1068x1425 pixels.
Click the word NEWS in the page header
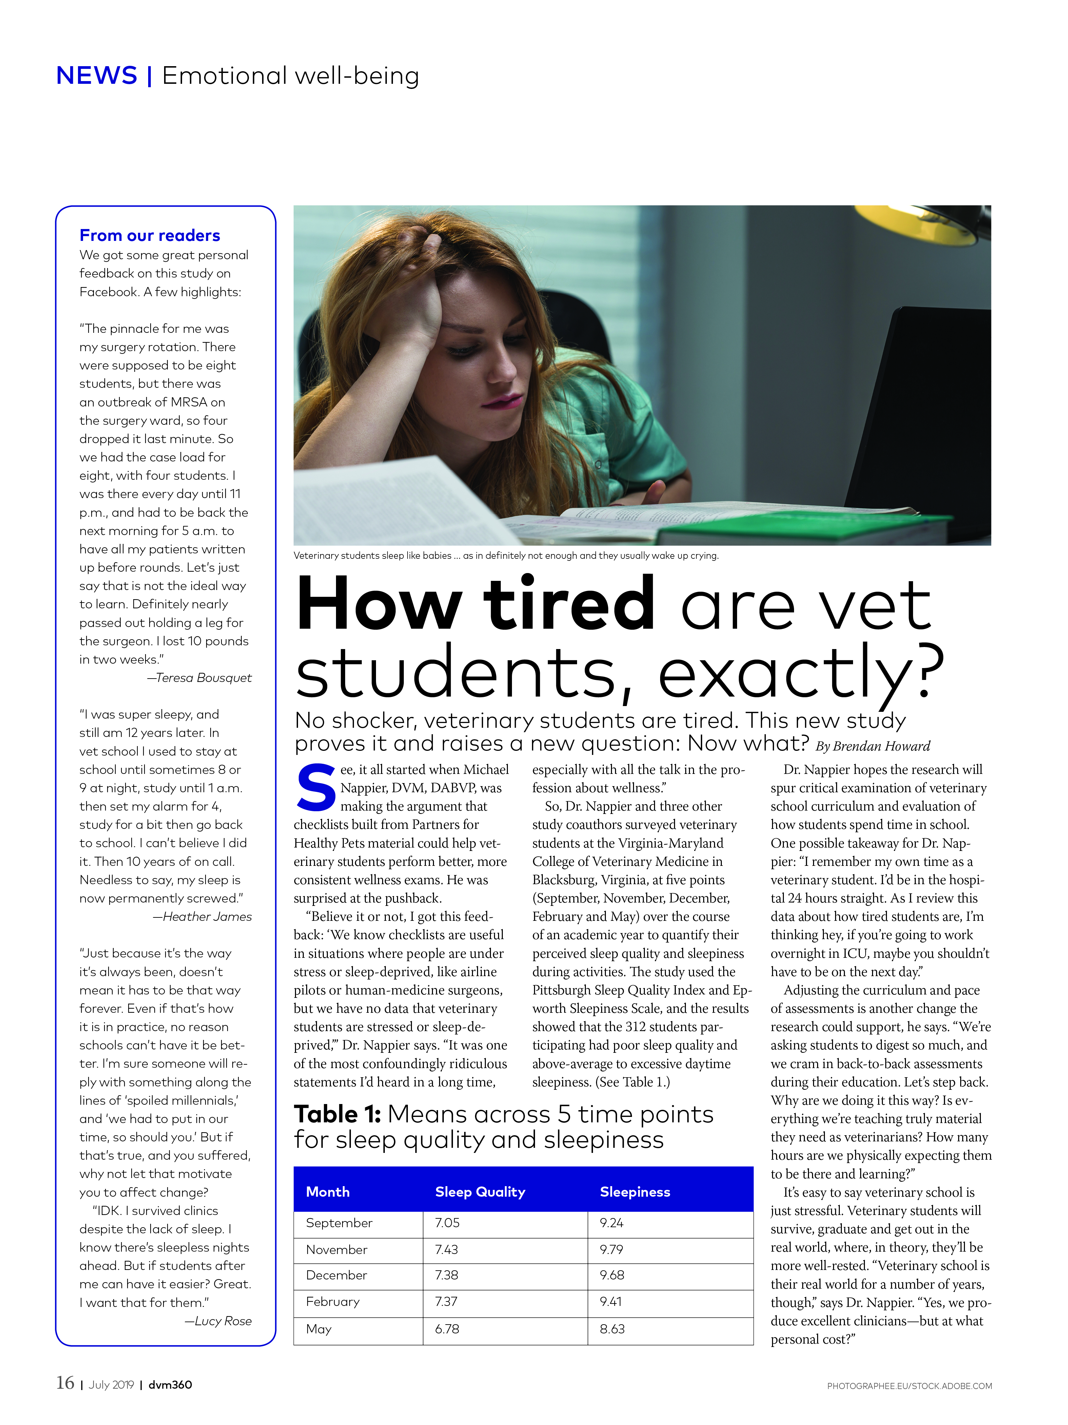[x=97, y=76]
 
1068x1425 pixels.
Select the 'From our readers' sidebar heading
[x=150, y=235]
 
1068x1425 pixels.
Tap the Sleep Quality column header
[x=480, y=1192]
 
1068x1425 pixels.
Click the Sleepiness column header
[x=635, y=1192]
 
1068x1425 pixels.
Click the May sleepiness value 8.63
[x=612, y=1329]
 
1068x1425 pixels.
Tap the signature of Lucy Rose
[x=222, y=1321]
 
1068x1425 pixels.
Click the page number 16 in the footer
[x=65, y=1383]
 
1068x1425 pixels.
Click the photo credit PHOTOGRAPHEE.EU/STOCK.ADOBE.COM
[x=909, y=1386]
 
